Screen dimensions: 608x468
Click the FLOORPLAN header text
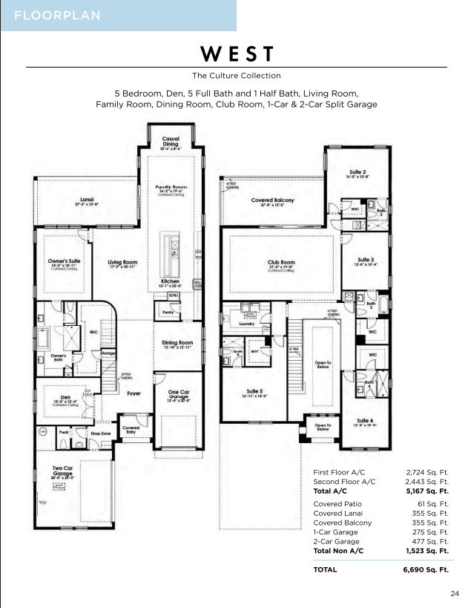click(57, 16)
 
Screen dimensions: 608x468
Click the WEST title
click(237, 54)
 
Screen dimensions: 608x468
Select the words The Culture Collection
click(237, 76)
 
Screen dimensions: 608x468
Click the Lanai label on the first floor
click(87, 199)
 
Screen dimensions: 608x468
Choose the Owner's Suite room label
click(65, 262)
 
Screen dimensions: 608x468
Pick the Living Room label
click(123, 262)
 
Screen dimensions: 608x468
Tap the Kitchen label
click(170, 281)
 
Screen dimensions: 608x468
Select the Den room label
click(65, 397)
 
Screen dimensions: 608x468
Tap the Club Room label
click(282, 262)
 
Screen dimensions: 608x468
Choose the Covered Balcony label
click(272, 200)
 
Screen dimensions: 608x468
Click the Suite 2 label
click(357, 172)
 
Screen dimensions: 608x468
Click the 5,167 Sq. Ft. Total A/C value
click(427, 491)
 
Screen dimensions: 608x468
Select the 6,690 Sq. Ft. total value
click(427, 569)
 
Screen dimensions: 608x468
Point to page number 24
click(454, 593)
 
